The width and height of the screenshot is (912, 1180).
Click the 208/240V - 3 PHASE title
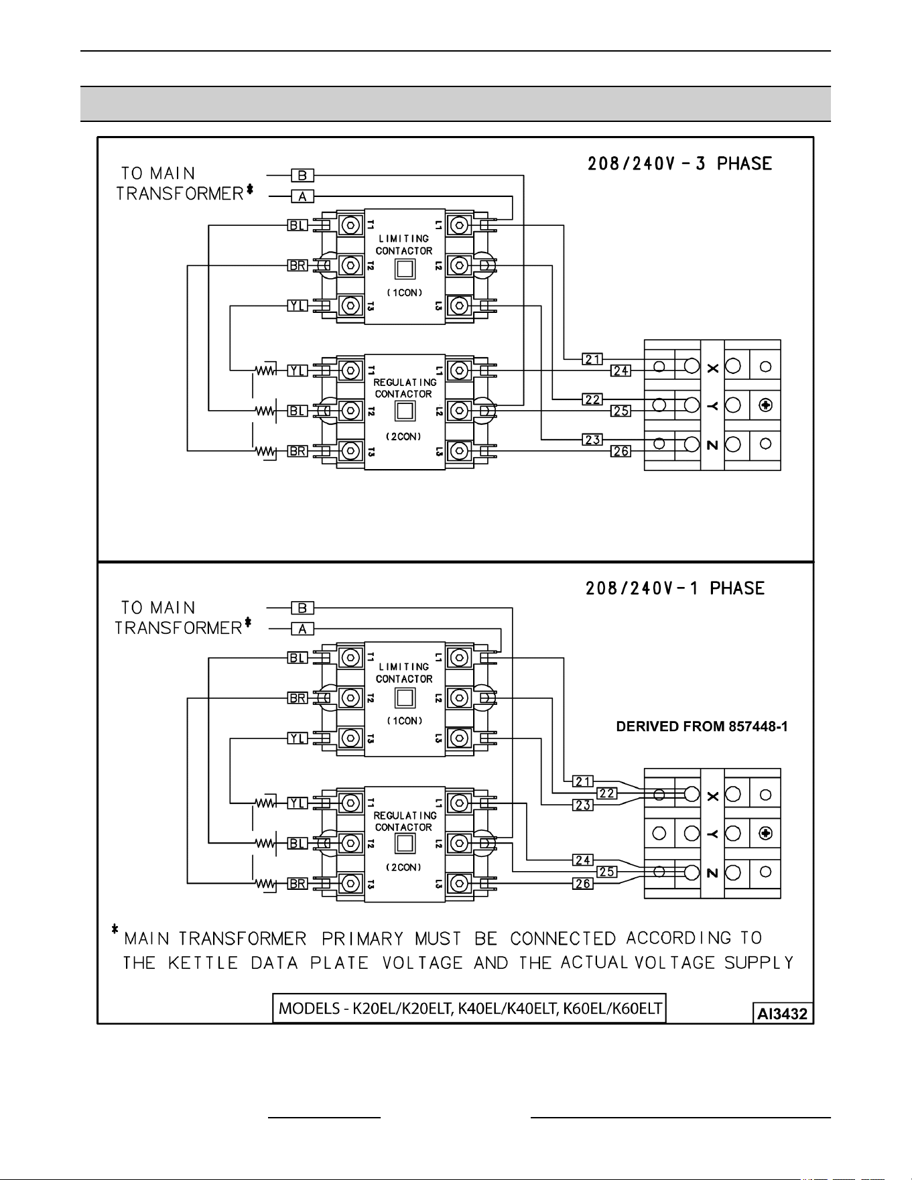pyautogui.click(x=679, y=163)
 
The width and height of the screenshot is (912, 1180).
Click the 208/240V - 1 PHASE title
pyautogui.click(x=675, y=588)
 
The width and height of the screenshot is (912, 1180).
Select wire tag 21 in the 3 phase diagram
pyautogui.click(x=592, y=359)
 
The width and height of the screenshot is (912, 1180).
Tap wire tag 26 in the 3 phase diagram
pyautogui.click(x=621, y=451)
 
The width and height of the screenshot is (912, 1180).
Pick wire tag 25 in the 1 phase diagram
pyautogui.click(x=607, y=872)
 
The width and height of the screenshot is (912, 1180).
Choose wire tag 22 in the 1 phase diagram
pyautogui.click(x=607, y=793)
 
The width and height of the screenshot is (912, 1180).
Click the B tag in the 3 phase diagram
pyautogui.click(x=302, y=176)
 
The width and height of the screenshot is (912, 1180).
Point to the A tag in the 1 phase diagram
pyautogui.click(x=302, y=629)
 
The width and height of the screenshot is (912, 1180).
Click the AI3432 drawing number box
pyautogui.click(x=782, y=1013)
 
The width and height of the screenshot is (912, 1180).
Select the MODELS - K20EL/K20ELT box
pyautogui.click(x=470, y=1008)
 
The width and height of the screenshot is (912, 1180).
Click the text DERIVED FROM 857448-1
pyautogui.click(x=702, y=727)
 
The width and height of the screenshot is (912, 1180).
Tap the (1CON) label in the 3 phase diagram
pyautogui.click(x=404, y=293)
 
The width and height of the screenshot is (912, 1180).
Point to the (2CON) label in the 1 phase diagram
pyautogui.click(x=404, y=867)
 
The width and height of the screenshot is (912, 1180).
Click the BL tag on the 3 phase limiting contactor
pyautogui.click(x=298, y=225)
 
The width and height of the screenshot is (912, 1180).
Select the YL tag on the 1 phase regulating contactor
pyautogui.click(x=298, y=803)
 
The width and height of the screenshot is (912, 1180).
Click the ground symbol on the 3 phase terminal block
pyautogui.click(x=767, y=405)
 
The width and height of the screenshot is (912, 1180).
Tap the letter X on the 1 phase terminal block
pyautogui.click(x=713, y=796)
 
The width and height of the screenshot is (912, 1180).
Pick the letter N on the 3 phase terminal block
pyautogui.click(x=713, y=444)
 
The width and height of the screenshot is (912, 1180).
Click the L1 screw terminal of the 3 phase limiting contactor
pyautogui.click(x=459, y=225)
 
